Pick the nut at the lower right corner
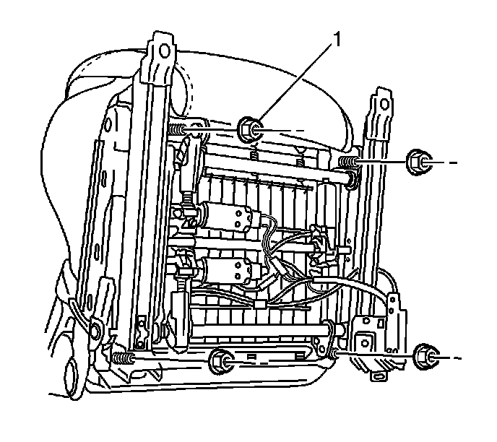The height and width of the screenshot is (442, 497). click(426, 356)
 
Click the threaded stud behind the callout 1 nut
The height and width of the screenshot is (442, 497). click(180, 130)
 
